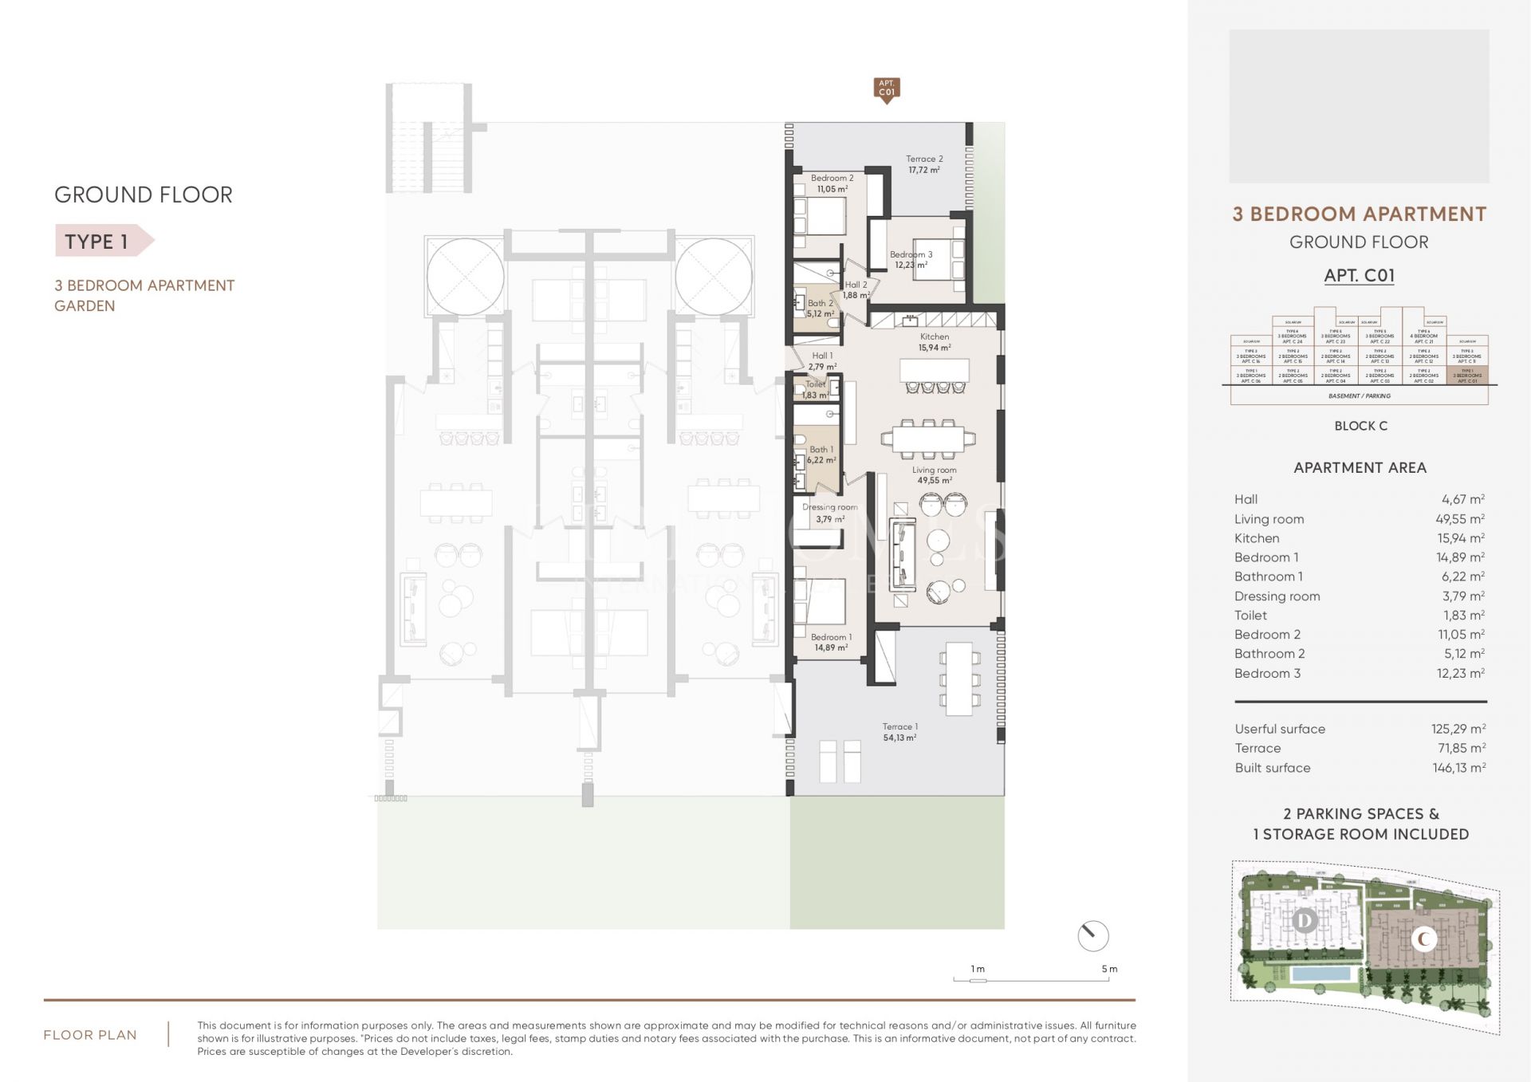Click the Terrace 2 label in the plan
[924, 164]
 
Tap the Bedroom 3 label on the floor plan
[911, 260]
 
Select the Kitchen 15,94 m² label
[935, 342]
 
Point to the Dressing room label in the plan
[830, 513]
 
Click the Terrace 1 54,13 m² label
[899, 732]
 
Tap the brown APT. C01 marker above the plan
[887, 89]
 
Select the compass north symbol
[1092, 935]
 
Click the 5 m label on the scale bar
[1109, 969]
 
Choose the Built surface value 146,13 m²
[1458, 768]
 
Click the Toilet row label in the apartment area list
[1250, 616]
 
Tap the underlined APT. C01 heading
[1359, 276]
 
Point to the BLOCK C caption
[1360, 426]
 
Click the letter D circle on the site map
[1305, 922]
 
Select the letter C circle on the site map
[1424, 939]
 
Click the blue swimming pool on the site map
[1321, 974]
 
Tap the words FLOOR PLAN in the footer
[90, 1035]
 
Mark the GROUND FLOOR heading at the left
[144, 195]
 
